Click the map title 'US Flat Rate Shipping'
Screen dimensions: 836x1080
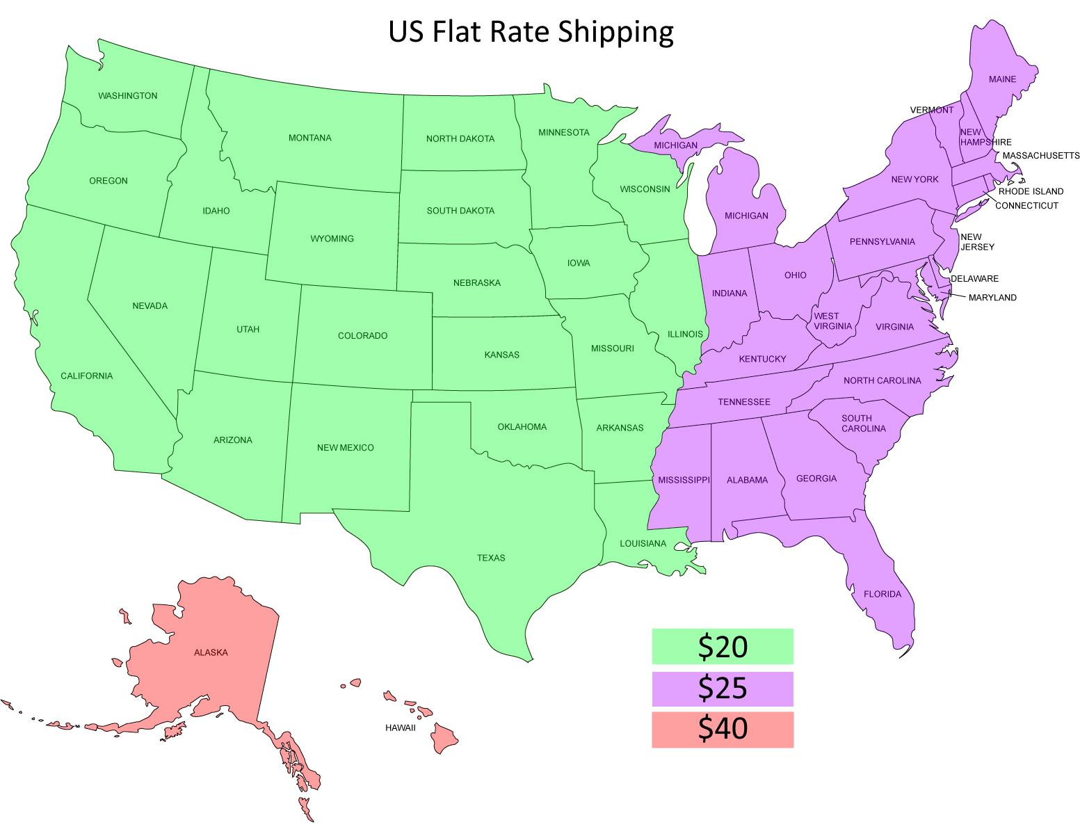click(x=531, y=32)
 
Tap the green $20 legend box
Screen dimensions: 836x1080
click(x=723, y=647)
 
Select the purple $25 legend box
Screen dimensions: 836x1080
click(x=723, y=689)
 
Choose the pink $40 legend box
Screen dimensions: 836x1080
click(x=723, y=729)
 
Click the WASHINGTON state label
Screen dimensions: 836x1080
click(x=128, y=96)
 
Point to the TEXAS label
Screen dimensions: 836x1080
click(x=491, y=558)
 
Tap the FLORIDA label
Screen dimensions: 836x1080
click(x=882, y=594)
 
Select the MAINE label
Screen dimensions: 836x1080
click(x=1002, y=79)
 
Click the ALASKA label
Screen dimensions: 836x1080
click(x=211, y=652)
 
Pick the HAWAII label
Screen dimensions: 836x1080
click(x=401, y=728)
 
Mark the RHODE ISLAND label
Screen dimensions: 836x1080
click(x=1031, y=191)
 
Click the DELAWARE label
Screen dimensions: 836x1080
click(x=974, y=279)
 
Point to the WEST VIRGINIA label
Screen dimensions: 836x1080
click(x=832, y=321)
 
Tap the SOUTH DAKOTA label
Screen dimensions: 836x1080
click(x=460, y=211)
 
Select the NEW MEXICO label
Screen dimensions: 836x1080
click(x=346, y=448)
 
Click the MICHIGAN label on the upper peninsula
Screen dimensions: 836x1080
click(x=675, y=145)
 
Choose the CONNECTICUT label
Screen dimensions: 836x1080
click(x=1026, y=206)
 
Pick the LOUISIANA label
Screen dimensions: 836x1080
click(x=643, y=543)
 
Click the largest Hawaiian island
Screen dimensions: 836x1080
click(x=443, y=739)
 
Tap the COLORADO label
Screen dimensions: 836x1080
click(x=362, y=336)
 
